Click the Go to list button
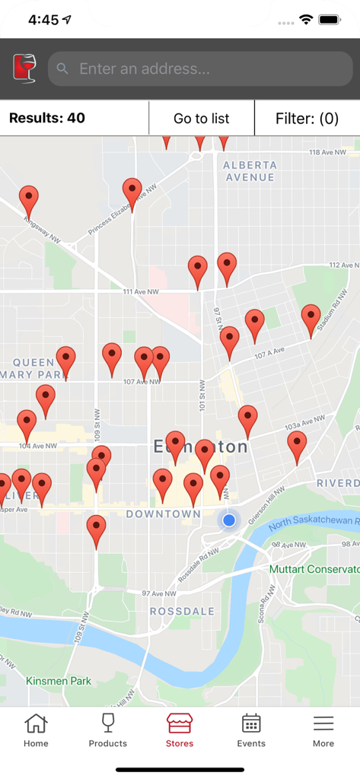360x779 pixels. [202, 118]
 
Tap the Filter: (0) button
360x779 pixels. [307, 118]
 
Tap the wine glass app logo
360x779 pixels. [24, 69]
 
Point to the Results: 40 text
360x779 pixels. [47, 118]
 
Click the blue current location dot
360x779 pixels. [228, 520]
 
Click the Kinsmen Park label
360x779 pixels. [59, 681]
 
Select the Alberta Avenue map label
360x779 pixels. [250, 171]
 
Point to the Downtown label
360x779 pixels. [163, 514]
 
